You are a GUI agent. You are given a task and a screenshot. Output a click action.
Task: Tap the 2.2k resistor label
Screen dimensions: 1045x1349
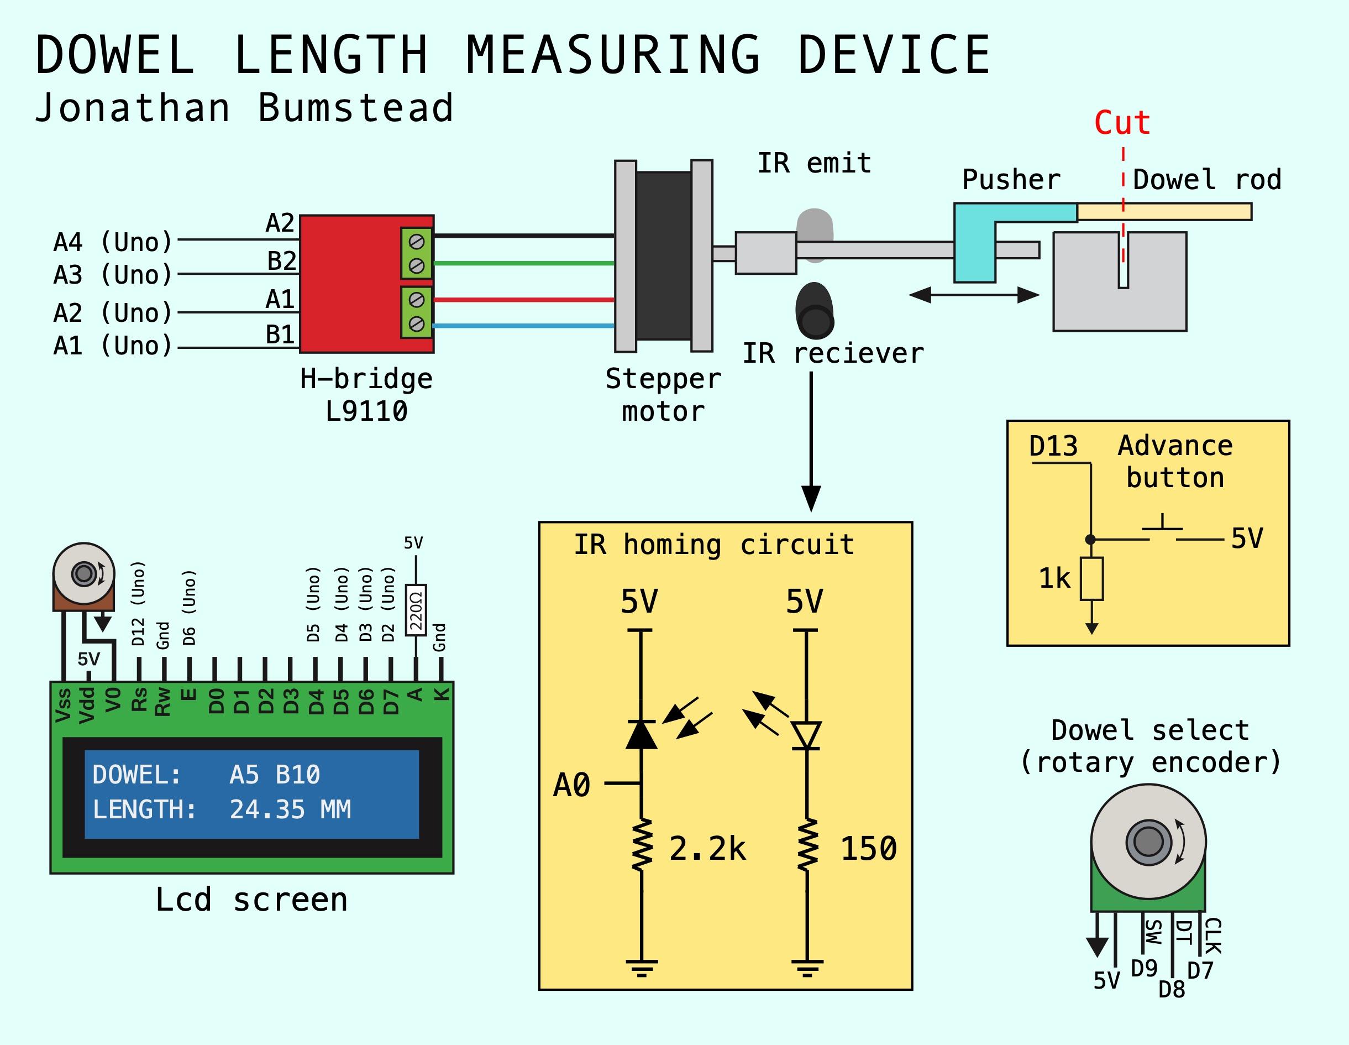tap(707, 849)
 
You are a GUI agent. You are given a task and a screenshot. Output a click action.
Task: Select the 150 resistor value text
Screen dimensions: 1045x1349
tap(868, 849)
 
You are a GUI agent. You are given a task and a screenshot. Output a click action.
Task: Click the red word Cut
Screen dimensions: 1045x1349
tap(1122, 122)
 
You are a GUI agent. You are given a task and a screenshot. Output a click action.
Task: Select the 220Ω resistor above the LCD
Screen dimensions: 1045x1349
tap(416, 610)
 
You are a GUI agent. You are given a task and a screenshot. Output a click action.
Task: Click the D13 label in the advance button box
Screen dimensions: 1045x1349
tap(1053, 446)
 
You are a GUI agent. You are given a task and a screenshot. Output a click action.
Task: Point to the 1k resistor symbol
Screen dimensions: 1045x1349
tap(1091, 579)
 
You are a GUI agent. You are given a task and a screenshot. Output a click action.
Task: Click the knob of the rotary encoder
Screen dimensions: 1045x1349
tap(1148, 842)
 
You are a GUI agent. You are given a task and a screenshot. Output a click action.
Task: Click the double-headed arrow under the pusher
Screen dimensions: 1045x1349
tap(974, 295)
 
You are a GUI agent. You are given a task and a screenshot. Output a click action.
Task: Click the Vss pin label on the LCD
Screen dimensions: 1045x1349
tap(63, 705)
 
